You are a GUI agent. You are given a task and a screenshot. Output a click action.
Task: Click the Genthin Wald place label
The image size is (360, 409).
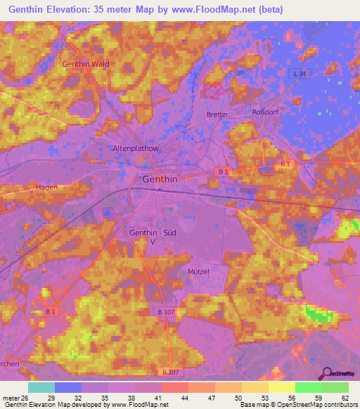(86, 64)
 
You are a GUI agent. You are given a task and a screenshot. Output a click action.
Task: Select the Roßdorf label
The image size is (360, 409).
(265, 112)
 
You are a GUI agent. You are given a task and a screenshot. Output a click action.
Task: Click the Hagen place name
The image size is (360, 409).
(46, 188)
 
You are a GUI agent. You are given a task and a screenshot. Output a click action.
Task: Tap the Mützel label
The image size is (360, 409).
(200, 271)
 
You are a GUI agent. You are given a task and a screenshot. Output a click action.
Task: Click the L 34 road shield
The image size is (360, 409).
(300, 73)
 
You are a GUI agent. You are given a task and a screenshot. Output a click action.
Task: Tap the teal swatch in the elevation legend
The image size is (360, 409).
(41, 387)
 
